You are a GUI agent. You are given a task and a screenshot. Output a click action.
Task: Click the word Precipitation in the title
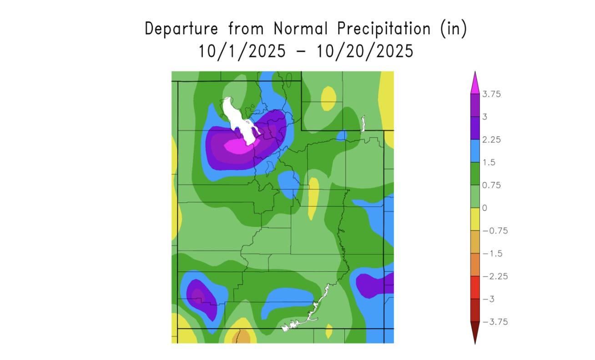(383, 29)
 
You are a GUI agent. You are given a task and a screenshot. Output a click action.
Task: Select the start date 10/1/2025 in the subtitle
(242, 51)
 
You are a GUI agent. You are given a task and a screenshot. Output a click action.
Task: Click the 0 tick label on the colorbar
(485, 208)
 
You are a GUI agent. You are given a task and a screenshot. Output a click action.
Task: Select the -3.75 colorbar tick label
(495, 321)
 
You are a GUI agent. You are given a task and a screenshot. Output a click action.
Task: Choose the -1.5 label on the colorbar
(493, 253)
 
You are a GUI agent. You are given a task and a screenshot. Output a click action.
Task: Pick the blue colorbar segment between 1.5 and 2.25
(475, 151)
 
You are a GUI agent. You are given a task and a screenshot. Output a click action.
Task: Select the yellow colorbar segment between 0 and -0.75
(475, 219)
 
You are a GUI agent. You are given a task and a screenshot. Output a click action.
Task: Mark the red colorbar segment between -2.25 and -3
(475, 287)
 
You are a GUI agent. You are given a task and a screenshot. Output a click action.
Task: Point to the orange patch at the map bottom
(243, 337)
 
